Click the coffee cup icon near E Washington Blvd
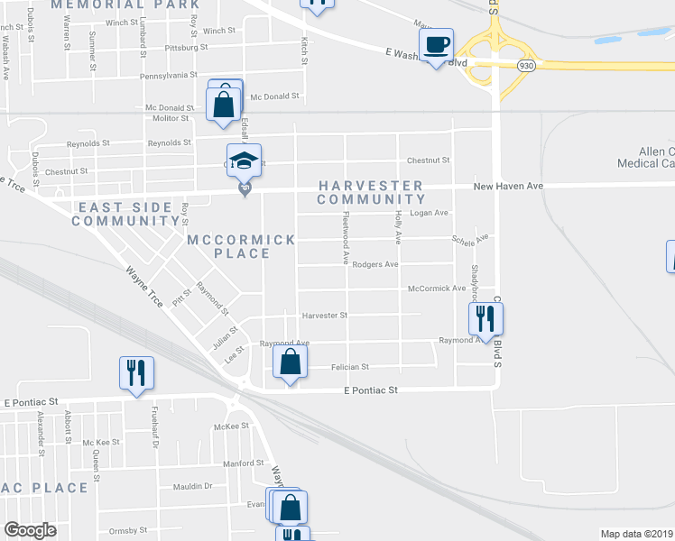coord(437,46)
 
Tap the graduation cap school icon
coord(243,161)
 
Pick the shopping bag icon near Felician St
coord(290,364)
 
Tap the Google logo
coord(30,530)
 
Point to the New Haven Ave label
coord(511,186)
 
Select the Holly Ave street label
coord(398,225)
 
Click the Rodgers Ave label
coord(375,265)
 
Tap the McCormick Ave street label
coord(437,289)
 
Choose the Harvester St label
coord(324,316)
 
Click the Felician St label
coord(350,367)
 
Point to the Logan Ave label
coord(430,213)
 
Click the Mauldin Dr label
coord(194,486)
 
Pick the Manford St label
coord(242,463)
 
